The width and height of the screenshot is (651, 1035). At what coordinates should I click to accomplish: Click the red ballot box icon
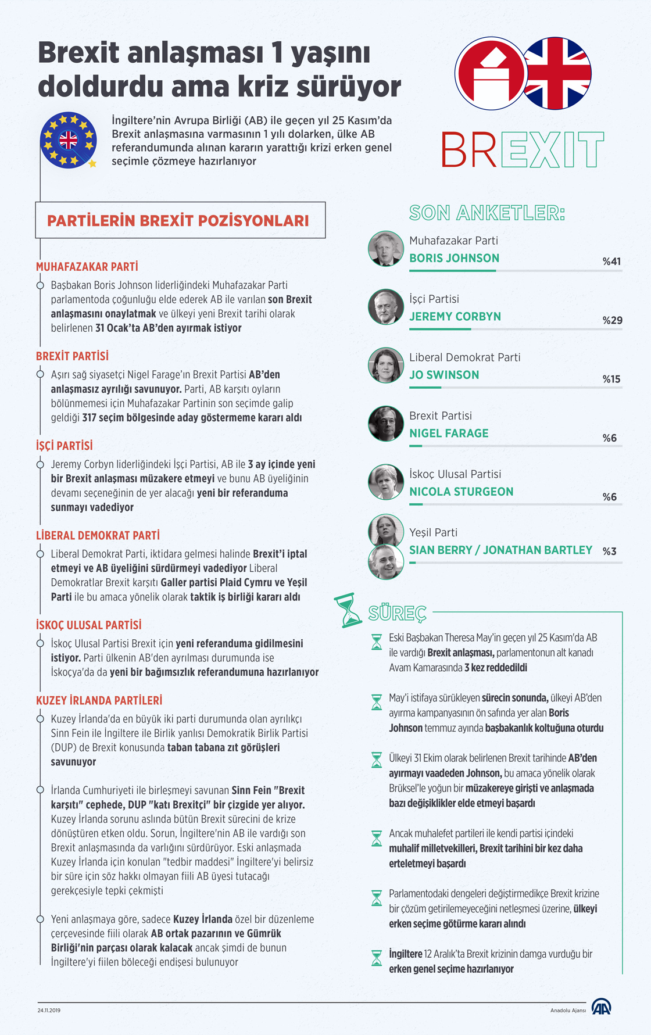click(491, 74)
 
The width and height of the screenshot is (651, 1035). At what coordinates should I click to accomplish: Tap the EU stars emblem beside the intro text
click(69, 140)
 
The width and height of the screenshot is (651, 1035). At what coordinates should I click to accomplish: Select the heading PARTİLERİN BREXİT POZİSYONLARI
click(178, 221)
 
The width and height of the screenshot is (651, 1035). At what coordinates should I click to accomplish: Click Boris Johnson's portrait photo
click(386, 249)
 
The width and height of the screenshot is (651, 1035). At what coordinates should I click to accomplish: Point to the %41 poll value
click(611, 262)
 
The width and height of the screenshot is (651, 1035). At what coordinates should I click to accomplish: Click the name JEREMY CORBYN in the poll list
click(455, 317)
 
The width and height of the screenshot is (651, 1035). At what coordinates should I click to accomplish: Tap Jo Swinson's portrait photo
click(386, 366)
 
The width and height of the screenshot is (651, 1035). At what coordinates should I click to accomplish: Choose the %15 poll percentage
click(611, 379)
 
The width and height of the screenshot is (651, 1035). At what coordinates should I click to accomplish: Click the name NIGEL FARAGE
click(449, 434)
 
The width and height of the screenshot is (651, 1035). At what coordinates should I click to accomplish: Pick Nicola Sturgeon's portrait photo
click(386, 482)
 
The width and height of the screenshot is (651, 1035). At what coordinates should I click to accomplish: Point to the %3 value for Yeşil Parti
click(609, 551)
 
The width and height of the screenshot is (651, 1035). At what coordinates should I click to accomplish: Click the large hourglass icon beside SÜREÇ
click(349, 610)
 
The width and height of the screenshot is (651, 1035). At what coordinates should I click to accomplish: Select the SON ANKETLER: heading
click(487, 213)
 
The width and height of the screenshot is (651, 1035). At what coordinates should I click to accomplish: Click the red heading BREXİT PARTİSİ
click(72, 356)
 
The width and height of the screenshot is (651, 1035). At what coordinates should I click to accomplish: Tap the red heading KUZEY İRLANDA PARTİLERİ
click(99, 701)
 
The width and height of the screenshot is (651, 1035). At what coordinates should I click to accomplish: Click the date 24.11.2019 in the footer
click(49, 1011)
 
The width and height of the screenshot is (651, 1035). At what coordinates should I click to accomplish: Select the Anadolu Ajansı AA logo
click(601, 1008)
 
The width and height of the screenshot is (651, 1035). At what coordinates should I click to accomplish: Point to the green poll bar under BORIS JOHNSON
click(453, 271)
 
